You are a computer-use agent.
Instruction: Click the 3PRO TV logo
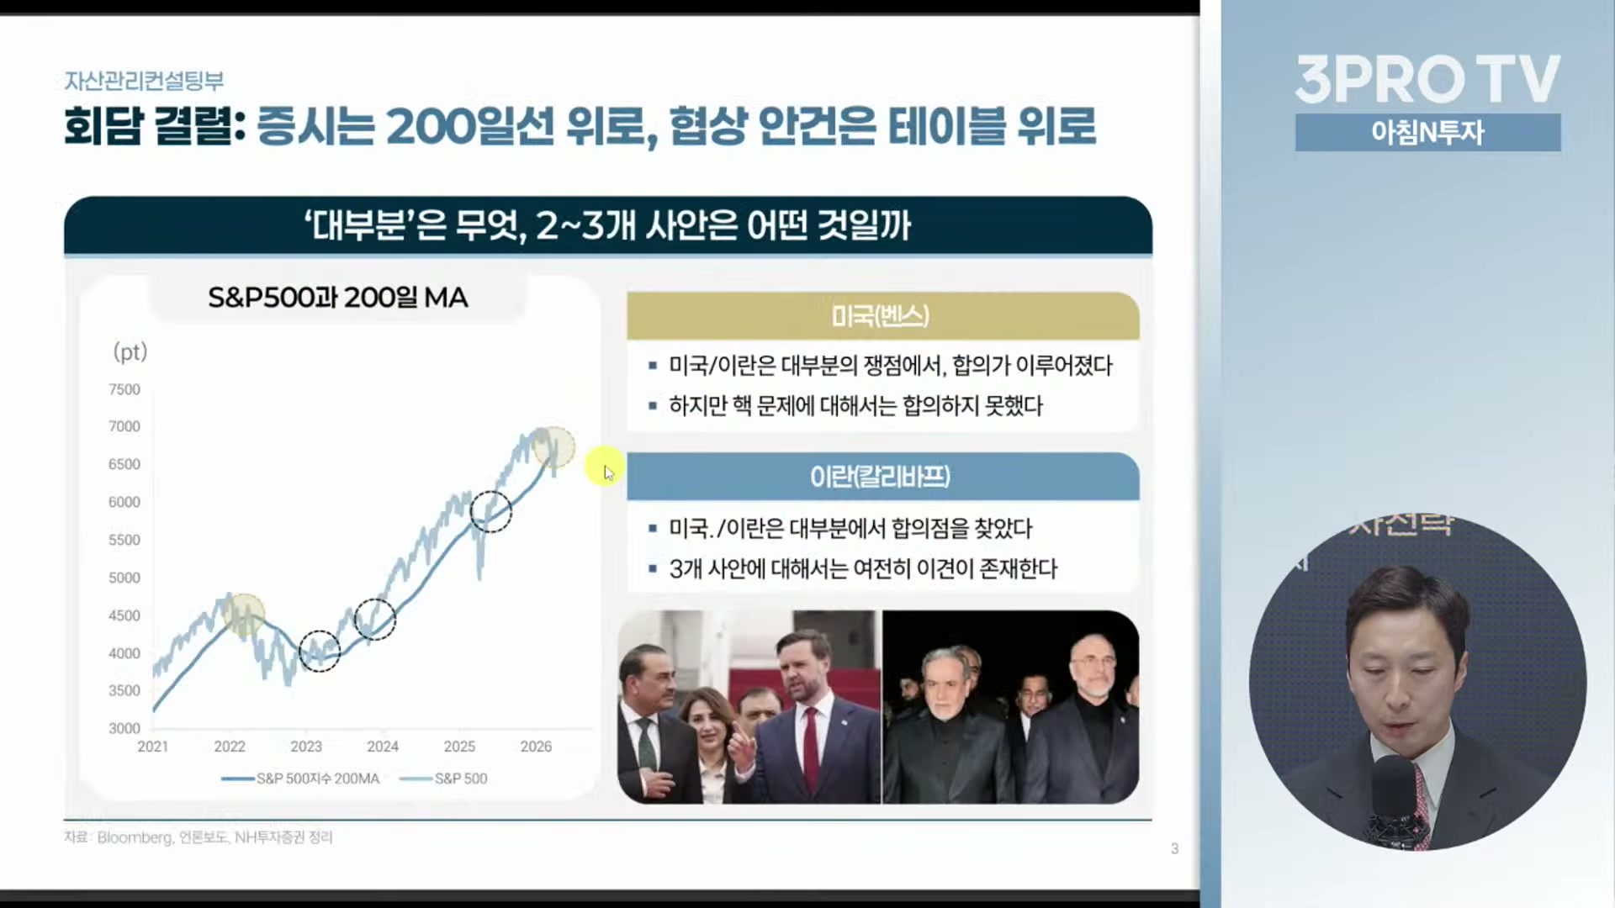[x=1427, y=80]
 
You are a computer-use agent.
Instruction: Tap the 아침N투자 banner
[x=1427, y=132]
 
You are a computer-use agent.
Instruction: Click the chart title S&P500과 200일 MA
[x=337, y=298]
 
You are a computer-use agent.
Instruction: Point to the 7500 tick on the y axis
[x=124, y=389]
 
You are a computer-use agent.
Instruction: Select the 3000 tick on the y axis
[x=124, y=728]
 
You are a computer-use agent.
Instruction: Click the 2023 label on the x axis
[x=306, y=747]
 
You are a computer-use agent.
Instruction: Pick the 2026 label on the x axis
[x=536, y=747]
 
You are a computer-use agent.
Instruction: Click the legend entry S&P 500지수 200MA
[x=300, y=779]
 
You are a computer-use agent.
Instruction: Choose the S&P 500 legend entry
[x=443, y=779]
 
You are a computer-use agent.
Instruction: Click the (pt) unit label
[x=130, y=351]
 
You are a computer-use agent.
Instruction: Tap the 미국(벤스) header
[x=881, y=316]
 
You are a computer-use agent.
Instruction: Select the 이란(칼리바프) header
[x=881, y=477]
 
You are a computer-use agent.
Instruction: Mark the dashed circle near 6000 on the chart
[x=490, y=490]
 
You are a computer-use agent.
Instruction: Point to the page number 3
[x=1174, y=849]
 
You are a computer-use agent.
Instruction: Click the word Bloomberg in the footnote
[x=135, y=837]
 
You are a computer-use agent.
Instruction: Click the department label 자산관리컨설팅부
[x=144, y=81]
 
